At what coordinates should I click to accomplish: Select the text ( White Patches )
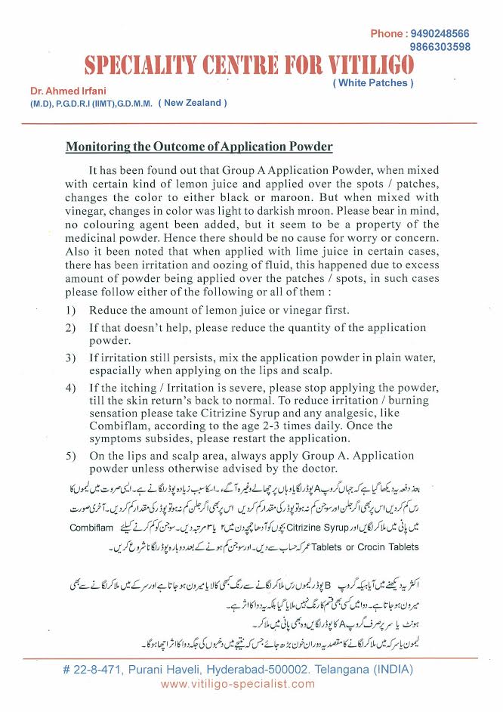[373, 83]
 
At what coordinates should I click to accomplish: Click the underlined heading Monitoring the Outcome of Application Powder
[199, 147]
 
